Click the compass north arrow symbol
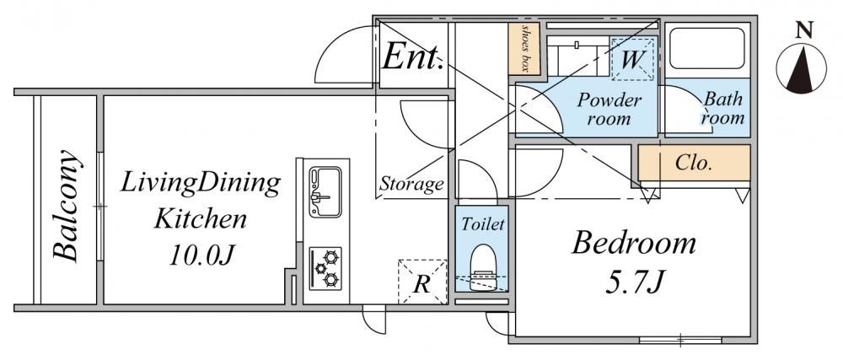(x=801, y=68)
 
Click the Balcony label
(x=67, y=205)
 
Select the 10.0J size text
(x=201, y=255)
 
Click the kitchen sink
(x=325, y=192)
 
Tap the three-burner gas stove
(x=325, y=268)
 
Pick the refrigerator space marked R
(x=422, y=282)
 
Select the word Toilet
(x=483, y=223)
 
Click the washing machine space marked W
(x=632, y=58)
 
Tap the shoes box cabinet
(x=524, y=48)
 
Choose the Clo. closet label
(x=694, y=163)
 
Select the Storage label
(x=412, y=185)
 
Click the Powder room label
(x=609, y=109)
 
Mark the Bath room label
(x=723, y=109)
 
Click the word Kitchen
(x=201, y=219)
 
